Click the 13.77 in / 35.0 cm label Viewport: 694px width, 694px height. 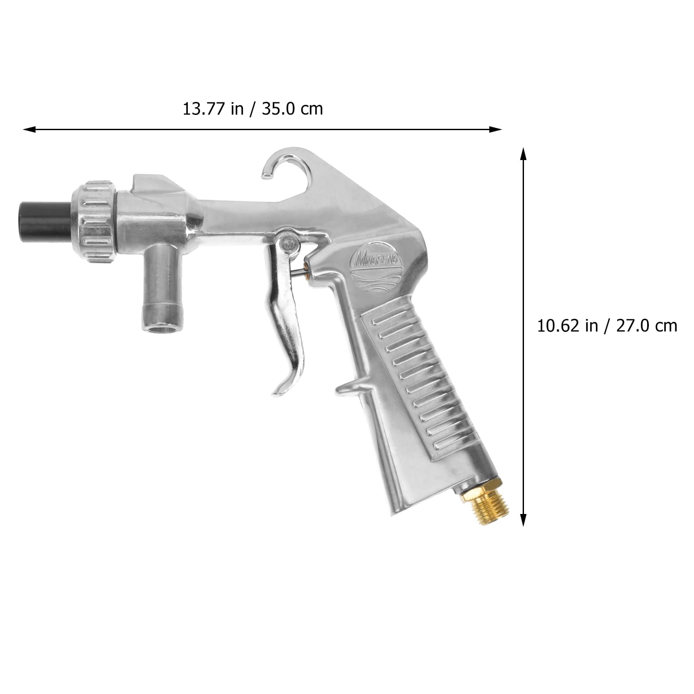tap(252, 109)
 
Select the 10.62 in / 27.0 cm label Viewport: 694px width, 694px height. tap(607, 325)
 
